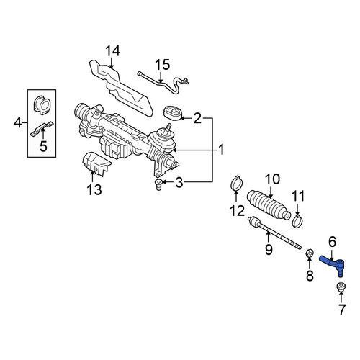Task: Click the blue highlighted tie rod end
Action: (333, 265)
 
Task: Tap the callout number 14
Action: (113, 51)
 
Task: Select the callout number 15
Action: (163, 65)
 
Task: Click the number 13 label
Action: (94, 190)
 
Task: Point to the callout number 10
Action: (272, 179)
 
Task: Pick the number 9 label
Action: (269, 249)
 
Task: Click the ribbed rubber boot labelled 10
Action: (269, 205)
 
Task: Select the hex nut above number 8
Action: (309, 253)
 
